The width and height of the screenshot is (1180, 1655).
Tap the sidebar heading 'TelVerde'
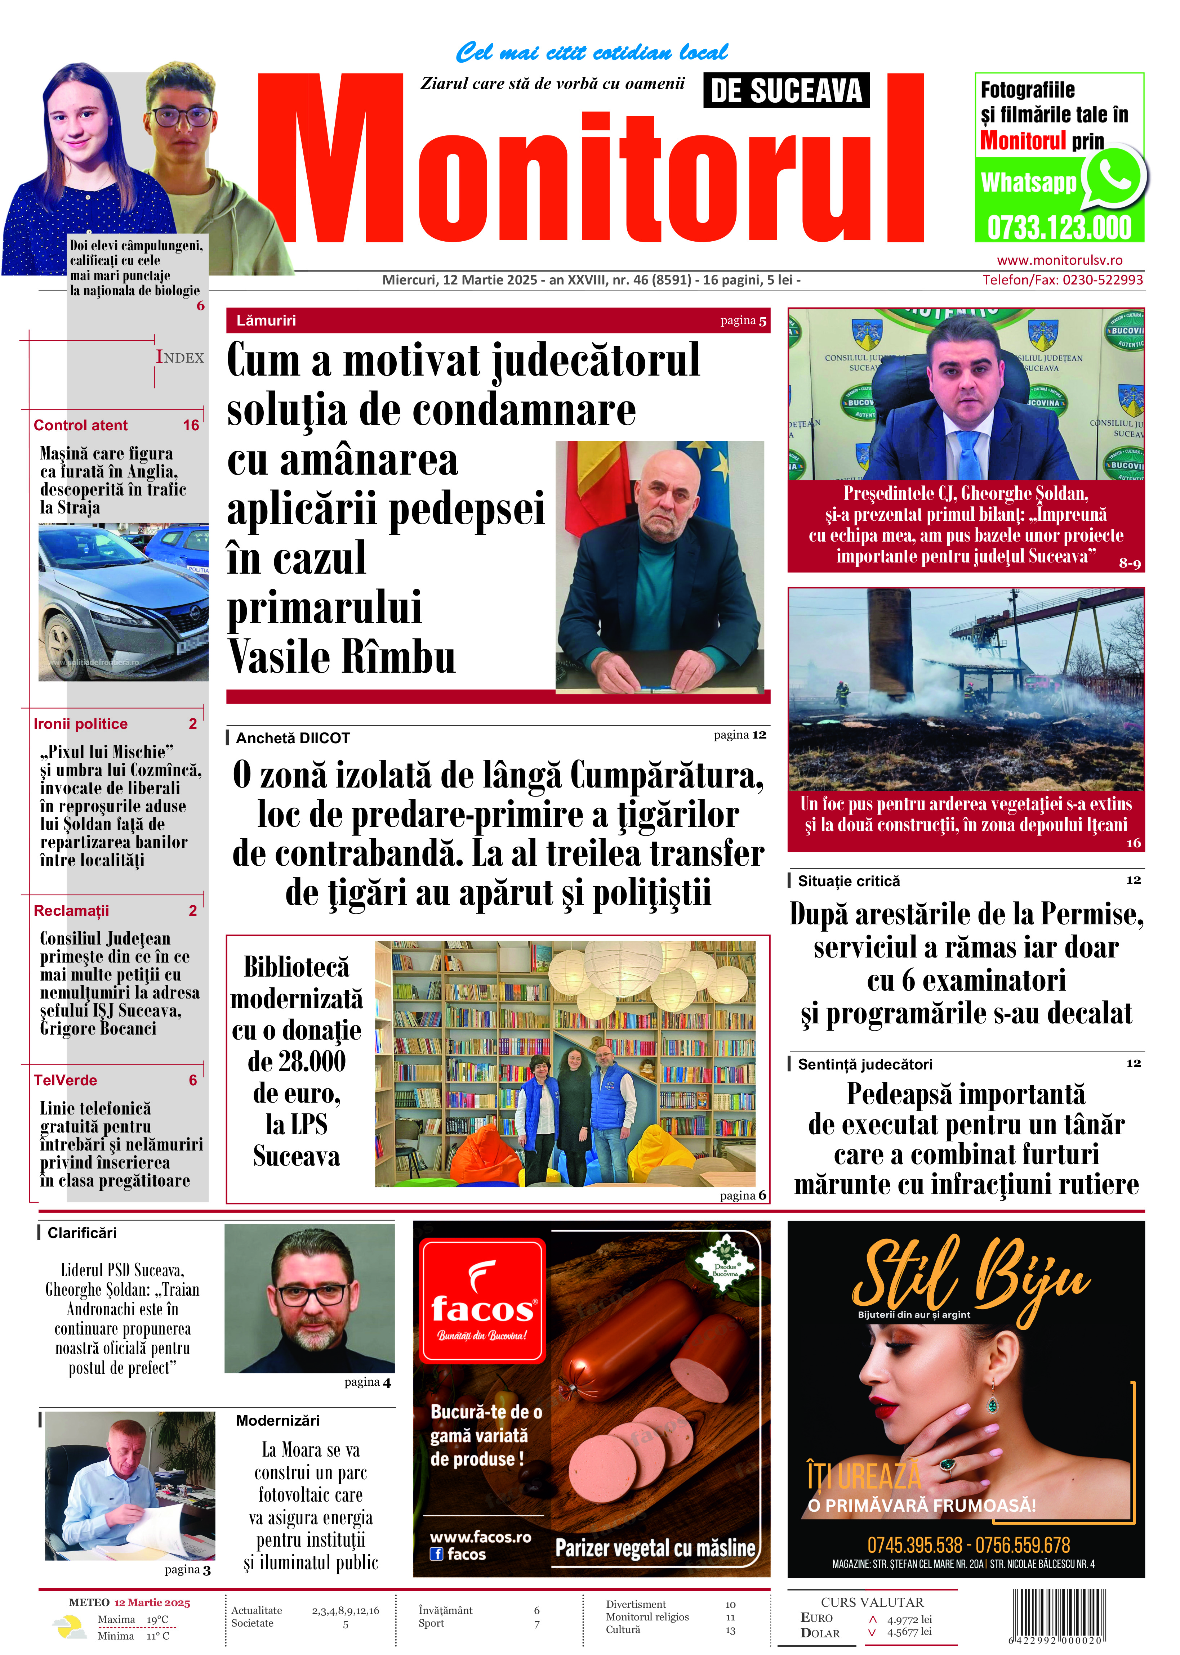click(65, 1080)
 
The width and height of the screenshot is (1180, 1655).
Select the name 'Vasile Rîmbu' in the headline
click(342, 657)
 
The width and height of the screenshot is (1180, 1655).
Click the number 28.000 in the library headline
click(297, 1062)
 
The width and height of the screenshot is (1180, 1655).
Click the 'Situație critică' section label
click(849, 881)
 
